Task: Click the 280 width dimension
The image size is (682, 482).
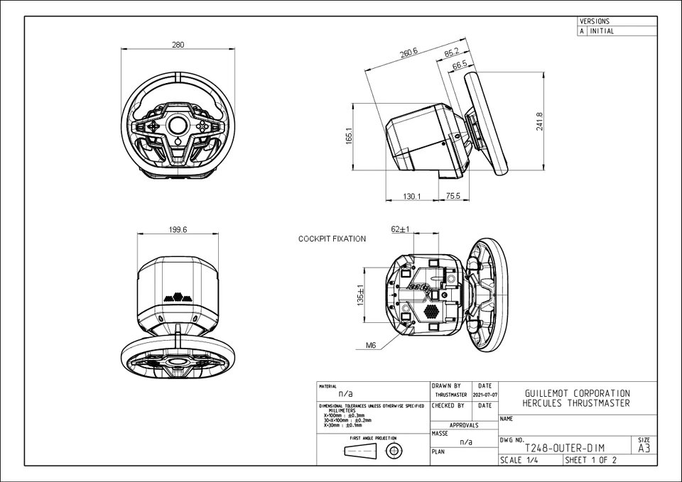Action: tap(178, 45)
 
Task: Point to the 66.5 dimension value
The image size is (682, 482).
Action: tap(460, 65)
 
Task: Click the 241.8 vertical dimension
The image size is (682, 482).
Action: tap(540, 121)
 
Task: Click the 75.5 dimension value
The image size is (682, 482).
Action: tap(453, 196)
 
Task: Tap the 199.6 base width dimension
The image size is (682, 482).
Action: tap(178, 229)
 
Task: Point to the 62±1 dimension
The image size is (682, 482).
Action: tap(401, 229)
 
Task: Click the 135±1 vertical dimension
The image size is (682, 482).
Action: tap(360, 295)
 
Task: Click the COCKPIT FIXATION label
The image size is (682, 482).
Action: tap(332, 239)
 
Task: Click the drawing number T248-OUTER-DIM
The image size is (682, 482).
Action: tap(564, 448)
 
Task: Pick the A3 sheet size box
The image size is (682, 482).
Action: tap(644, 448)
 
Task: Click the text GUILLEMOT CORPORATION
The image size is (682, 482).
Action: tap(576, 393)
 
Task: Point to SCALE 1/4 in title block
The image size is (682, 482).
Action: tap(520, 460)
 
